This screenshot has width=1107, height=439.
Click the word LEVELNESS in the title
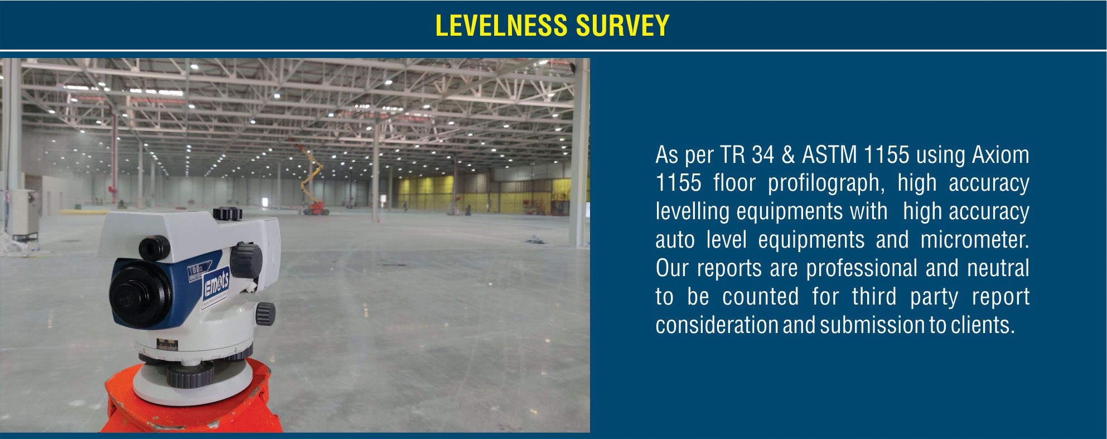click(x=501, y=26)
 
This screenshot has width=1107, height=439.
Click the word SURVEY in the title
click(x=623, y=26)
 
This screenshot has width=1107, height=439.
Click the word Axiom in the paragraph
click(x=1000, y=155)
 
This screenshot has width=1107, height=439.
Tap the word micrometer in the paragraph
click(x=974, y=240)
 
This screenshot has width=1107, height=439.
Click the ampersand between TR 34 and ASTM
click(x=788, y=155)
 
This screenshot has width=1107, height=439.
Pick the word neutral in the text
click(x=998, y=268)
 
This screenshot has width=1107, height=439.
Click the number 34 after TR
click(x=762, y=155)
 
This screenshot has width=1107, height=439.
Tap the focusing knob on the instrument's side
click(x=246, y=260)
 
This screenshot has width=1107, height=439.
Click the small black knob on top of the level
click(x=228, y=213)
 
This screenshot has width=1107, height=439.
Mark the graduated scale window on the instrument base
click(x=167, y=345)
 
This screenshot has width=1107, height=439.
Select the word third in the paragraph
click(x=874, y=297)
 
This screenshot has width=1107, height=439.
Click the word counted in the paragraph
click(x=761, y=297)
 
